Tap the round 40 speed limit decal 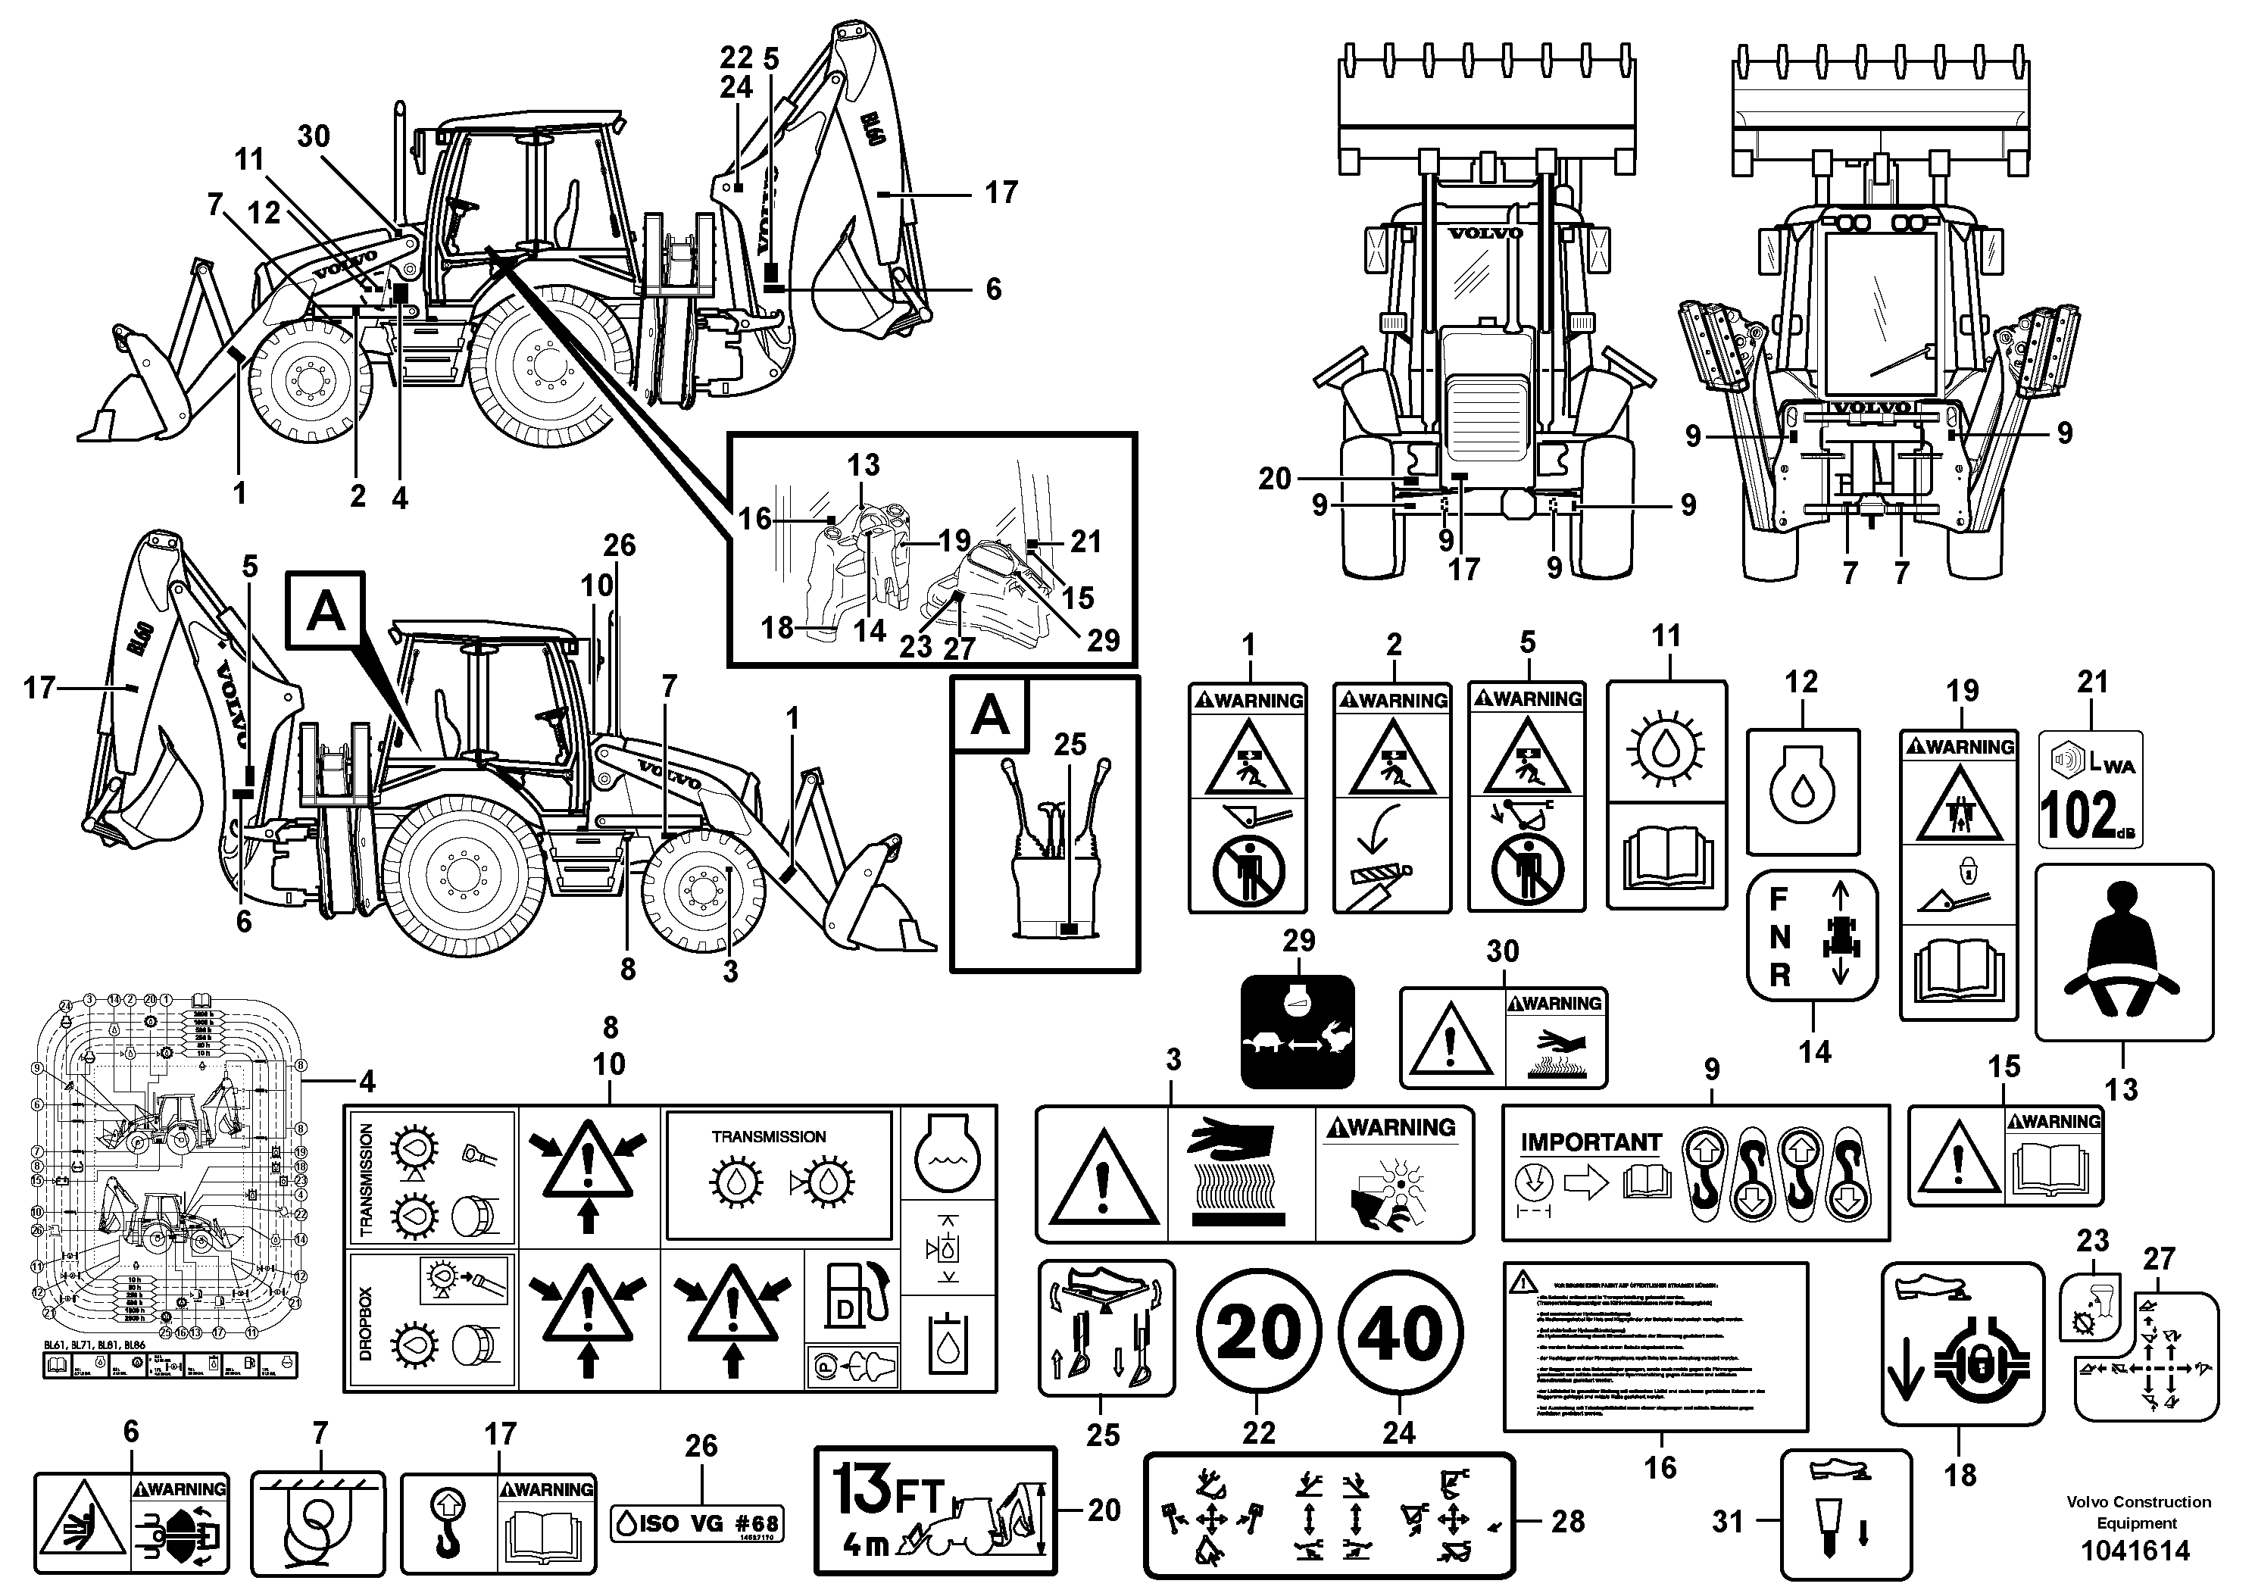(1401, 1332)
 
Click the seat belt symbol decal (2123, 951)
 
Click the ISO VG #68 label (698, 1523)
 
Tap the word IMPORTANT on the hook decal (1591, 1142)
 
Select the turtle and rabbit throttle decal (1298, 1031)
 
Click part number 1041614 (2137, 1552)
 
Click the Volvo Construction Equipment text (2137, 1513)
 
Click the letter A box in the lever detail (989, 717)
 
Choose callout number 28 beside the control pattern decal (1567, 1521)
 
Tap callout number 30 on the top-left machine (314, 136)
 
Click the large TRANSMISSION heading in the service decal (769, 1136)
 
